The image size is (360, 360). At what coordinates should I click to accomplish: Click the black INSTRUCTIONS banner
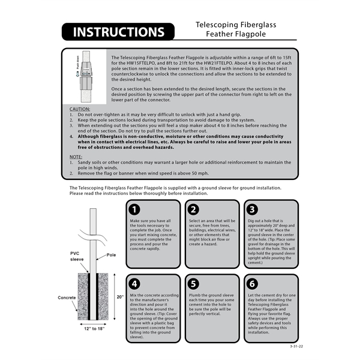pyautogui.click(x=118, y=32)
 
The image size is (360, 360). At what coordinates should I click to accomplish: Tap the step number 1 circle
pyautogui.click(x=136, y=209)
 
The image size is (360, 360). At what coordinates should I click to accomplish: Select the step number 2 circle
pyautogui.click(x=194, y=209)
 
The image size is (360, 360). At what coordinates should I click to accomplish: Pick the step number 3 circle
pyautogui.click(x=253, y=209)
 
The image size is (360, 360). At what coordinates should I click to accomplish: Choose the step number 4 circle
pyautogui.click(x=136, y=283)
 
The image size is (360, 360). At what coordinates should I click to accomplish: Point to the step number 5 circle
pyautogui.click(x=194, y=283)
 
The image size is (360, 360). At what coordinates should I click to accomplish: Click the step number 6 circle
pyautogui.click(x=253, y=283)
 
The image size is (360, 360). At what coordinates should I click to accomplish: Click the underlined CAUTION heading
pyautogui.click(x=80, y=109)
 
